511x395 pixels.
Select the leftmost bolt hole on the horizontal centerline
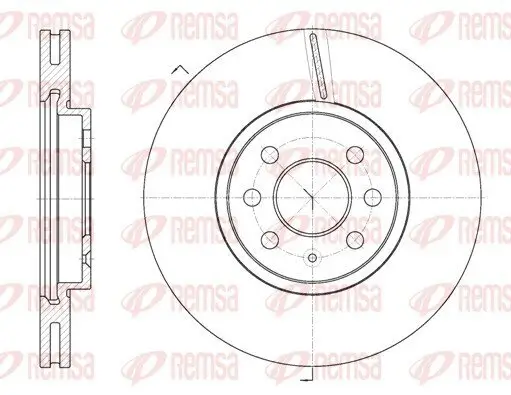(x=253, y=196)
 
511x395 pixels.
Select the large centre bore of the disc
(x=312, y=196)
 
